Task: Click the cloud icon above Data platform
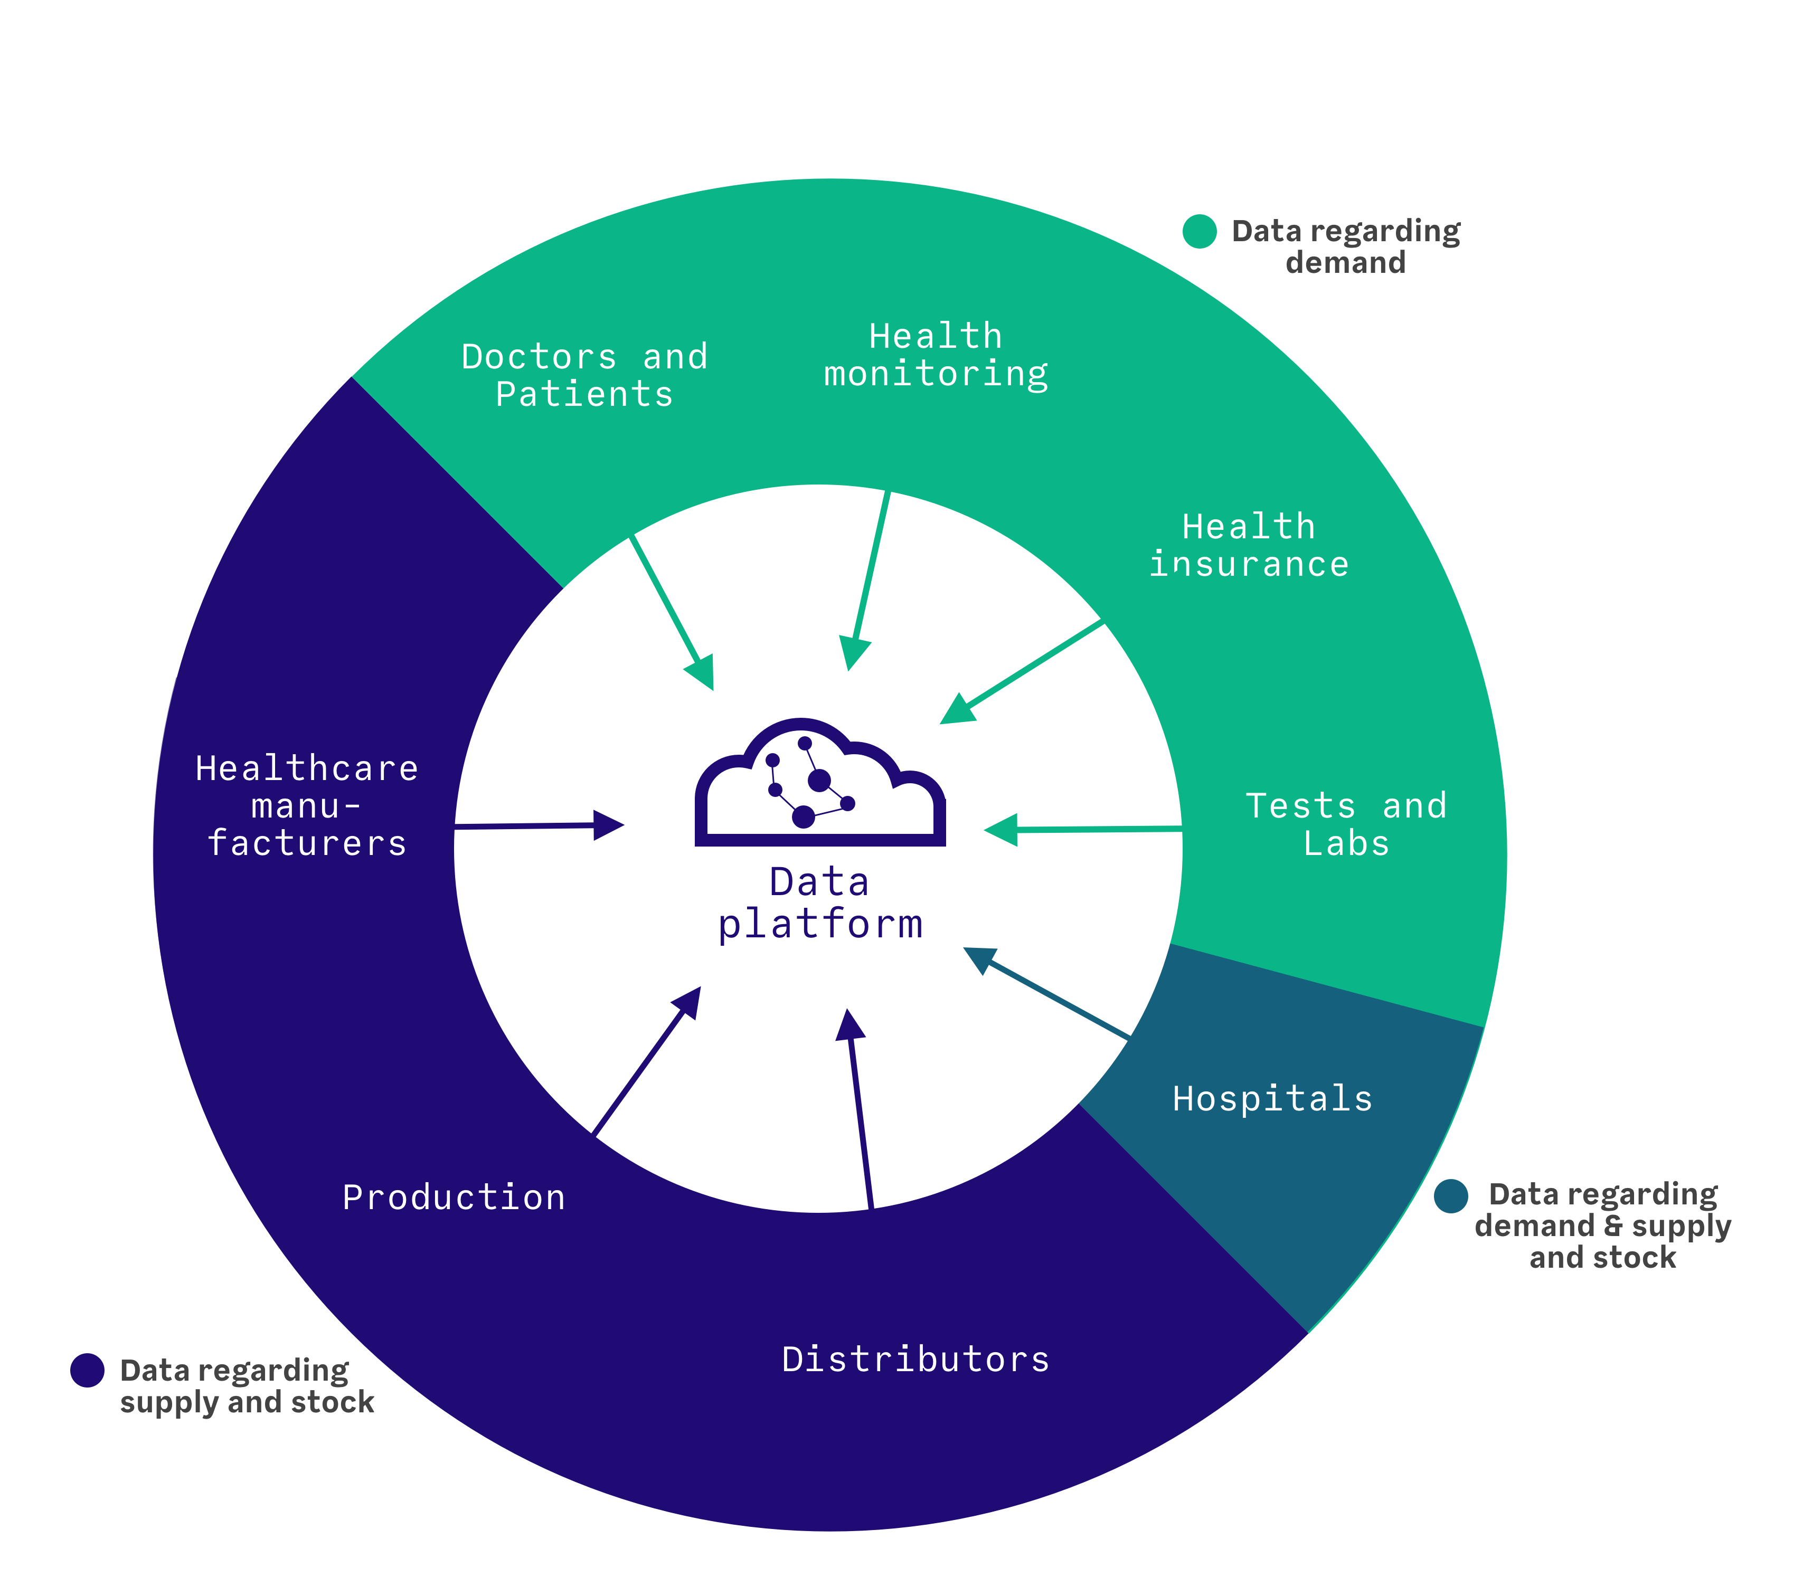tap(820, 782)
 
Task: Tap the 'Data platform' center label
tap(820, 904)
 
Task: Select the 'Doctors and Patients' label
tap(585, 376)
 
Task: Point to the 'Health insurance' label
tap(1249, 546)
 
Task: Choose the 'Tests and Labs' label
tap(1346, 824)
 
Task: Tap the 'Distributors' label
tap(915, 1360)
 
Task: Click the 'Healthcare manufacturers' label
tap(307, 806)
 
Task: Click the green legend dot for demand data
tap(1200, 231)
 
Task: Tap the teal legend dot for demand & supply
tap(1451, 1195)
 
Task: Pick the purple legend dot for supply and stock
tap(87, 1370)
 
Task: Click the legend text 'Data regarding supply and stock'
tap(247, 1386)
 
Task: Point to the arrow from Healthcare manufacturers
tap(539, 826)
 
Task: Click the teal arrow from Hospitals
tap(1047, 992)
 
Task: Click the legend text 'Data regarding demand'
tap(1346, 247)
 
